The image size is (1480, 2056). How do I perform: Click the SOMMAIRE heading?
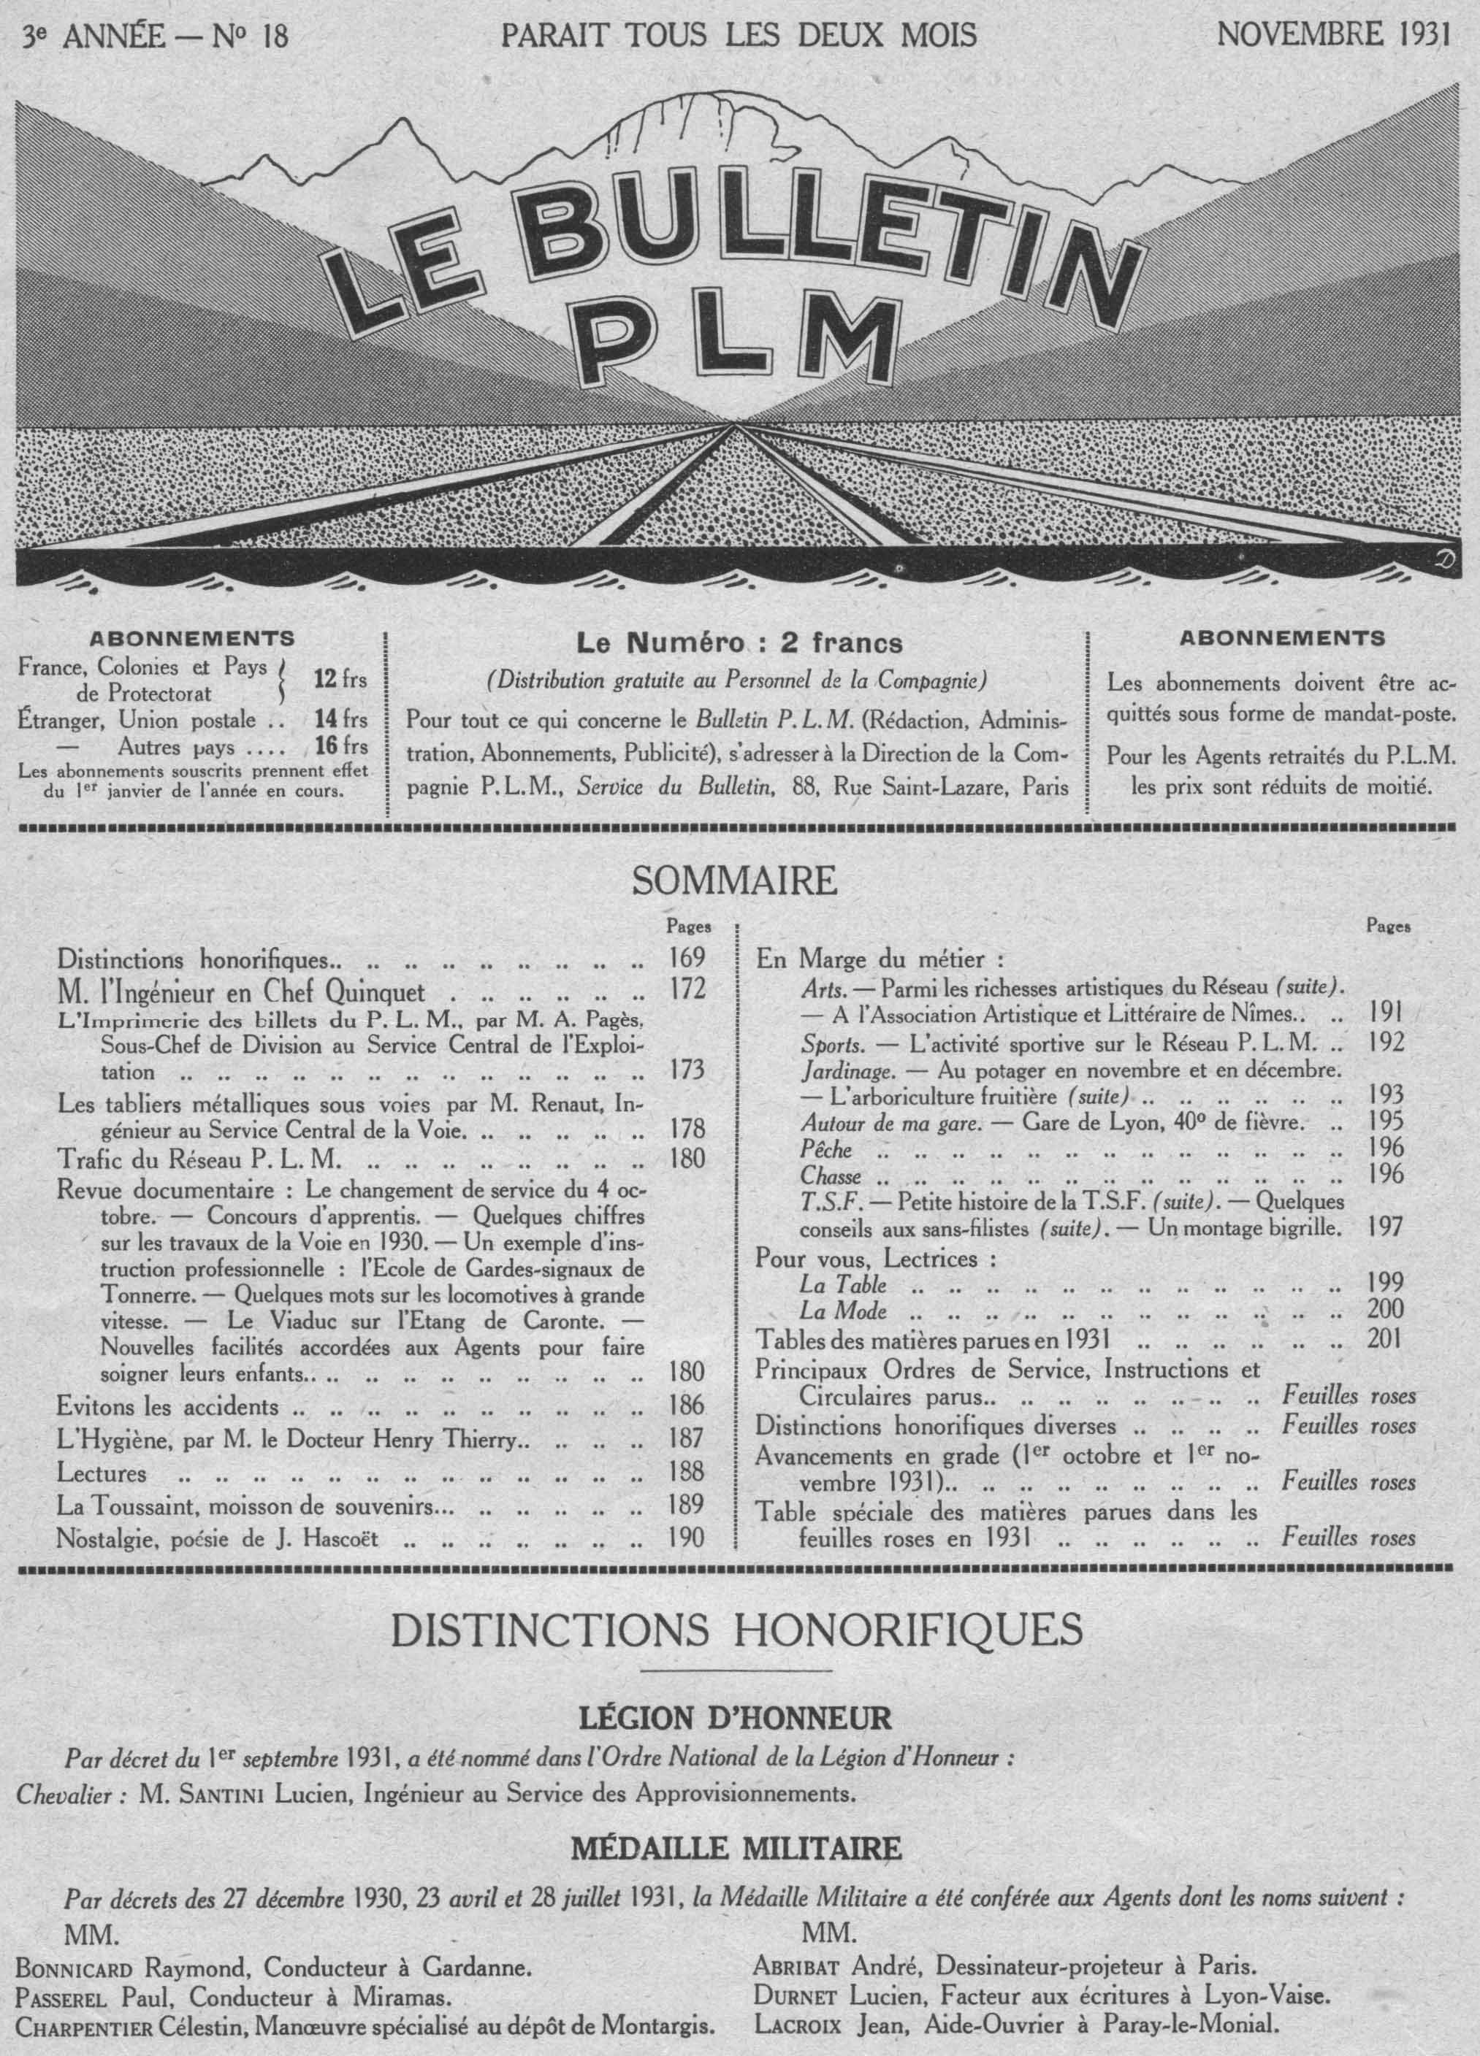[x=733, y=881]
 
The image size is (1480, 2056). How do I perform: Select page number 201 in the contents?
[x=1386, y=1338]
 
